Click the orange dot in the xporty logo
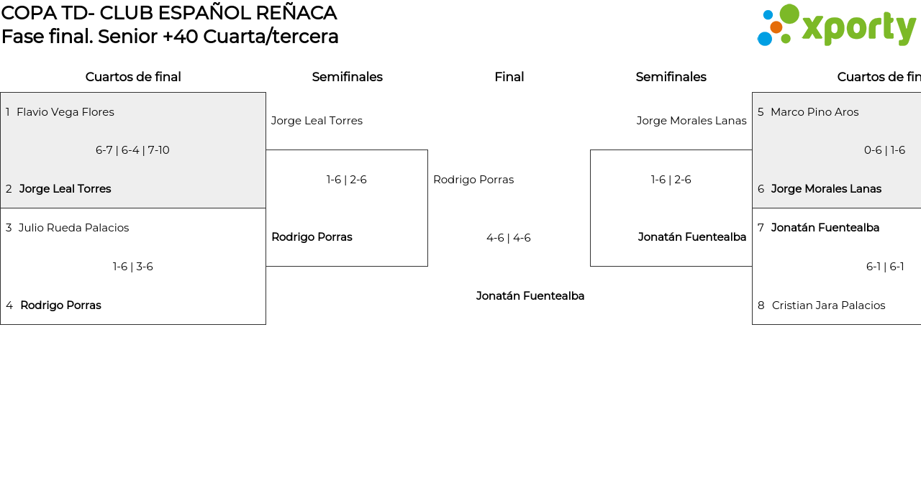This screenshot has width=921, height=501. pyautogui.click(x=776, y=27)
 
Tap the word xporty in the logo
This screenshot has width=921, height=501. pyautogui.click(x=859, y=28)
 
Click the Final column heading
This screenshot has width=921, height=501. pyautogui.click(x=509, y=77)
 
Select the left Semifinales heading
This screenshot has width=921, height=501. pyautogui.click(x=347, y=77)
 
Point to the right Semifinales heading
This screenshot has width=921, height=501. pyautogui.click(x=671, y=77)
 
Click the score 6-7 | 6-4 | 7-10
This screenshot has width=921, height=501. pyautogui.click(x=132, y=150)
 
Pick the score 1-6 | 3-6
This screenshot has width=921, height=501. pyautogui.click(x=133, y=267)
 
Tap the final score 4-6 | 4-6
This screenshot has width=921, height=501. pyautogui.click(x=509, y=238)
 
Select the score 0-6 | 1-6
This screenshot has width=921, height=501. pyautogui.click(x=884, y=150)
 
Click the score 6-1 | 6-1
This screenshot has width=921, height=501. pyautogui.click(x=885, y=267)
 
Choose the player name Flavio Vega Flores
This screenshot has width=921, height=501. pyautogui.click(x=65, y=112)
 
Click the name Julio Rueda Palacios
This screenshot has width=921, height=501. pyautogui.click(x=73, y=228)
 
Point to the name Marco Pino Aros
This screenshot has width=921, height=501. pyautogui.click(x=815, y=112)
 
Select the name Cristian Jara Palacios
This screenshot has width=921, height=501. pyautogui.click(x=828, y=305)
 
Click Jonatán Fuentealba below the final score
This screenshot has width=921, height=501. pyautogui.click(x=530, y=296)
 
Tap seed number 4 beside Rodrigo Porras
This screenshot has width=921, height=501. pyautogui.click(x=9, y=305)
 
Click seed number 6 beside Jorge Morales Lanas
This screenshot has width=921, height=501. pyautogui.click(x=761, y=189)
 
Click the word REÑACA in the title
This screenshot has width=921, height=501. pyautogui.click(x=296, y=13)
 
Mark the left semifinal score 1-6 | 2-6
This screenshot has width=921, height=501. pyautogui.click(x=346, y=180)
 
